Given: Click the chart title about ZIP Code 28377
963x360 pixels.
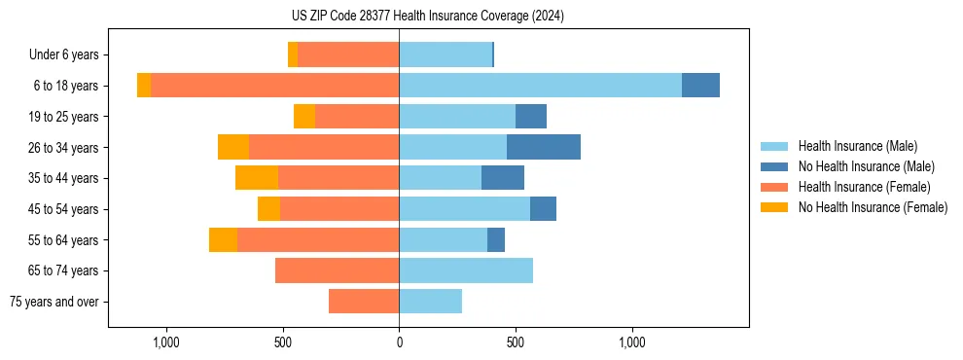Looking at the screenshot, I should [427, 17].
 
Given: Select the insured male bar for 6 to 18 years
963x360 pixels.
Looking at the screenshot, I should [540, 86].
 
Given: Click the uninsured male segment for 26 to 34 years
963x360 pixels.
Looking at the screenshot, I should [544, 147].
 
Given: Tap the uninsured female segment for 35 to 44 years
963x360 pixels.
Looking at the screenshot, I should [257, 178].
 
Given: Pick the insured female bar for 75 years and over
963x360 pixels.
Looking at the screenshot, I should [364, 302].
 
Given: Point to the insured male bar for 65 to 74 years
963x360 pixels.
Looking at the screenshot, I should [466, 270].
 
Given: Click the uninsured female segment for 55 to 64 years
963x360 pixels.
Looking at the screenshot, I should [223, 239].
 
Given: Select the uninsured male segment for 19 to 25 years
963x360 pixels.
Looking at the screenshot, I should [531, 117].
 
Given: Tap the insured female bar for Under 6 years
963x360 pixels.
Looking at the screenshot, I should [348, 54].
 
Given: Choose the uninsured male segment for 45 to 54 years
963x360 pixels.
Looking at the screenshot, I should [543, 209].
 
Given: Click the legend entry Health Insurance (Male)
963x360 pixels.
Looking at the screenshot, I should [857, 146].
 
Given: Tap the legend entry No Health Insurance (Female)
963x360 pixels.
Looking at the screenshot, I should [873, 207].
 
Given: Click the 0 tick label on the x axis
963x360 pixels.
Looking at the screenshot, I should [399, 343].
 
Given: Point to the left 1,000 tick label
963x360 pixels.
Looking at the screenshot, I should [165, 343].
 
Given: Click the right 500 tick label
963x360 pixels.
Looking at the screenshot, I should [516, 343].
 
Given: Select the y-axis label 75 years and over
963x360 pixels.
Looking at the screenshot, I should [54, 302].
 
